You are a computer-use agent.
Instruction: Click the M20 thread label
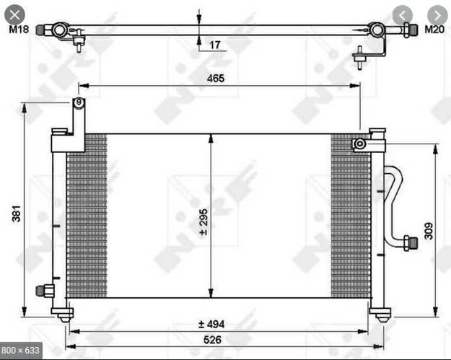coord(434,30)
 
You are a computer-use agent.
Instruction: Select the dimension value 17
coord(215,45)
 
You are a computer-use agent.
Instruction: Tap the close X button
coord(16,14)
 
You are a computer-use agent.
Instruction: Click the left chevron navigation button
coord(403,14)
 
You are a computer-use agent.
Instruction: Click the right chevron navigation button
coord(436,14)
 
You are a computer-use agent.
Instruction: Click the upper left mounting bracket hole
coord(78,103)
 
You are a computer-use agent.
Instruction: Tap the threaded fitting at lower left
coord(45,290)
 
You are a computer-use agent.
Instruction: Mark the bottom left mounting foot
coord(64,314)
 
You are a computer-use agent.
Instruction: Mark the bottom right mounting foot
coord(380,314)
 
